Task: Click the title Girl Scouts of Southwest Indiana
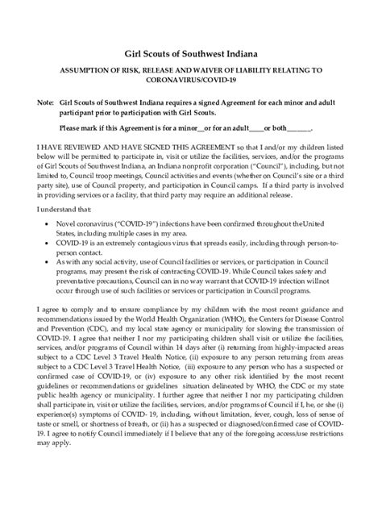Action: (191, 52)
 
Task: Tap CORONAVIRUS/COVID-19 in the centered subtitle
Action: (191, 81)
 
